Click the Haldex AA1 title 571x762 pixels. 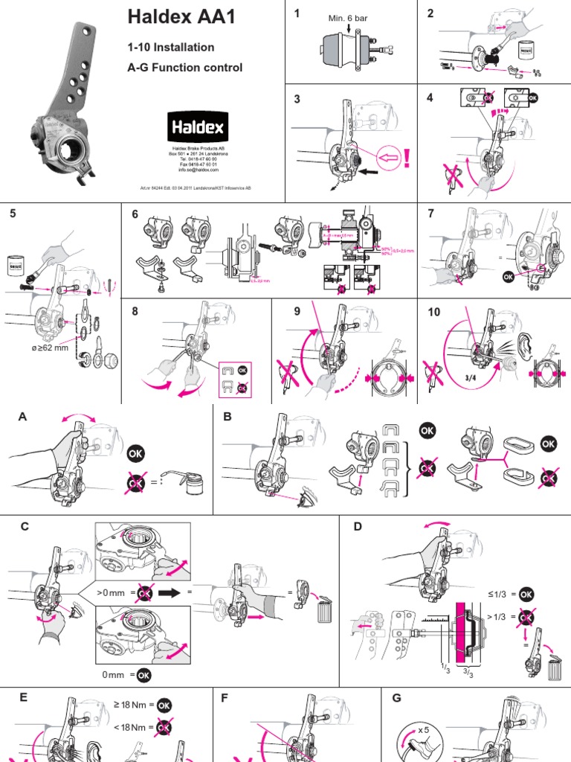[x=182, y=17]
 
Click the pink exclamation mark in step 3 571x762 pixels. [x=405, y=158]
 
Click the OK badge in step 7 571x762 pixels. [x=509, y=274]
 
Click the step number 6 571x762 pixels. [x=135, y=214]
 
